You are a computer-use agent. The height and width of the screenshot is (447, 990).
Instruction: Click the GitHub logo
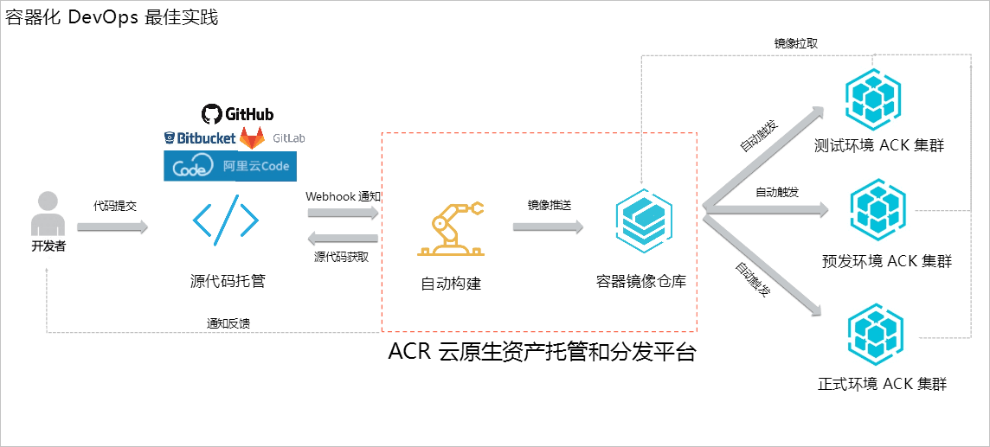tap(237, 114)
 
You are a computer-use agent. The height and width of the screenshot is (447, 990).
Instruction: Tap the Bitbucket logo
tap(200, 138)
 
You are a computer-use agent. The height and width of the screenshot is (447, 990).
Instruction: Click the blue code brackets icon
tap(226, 220)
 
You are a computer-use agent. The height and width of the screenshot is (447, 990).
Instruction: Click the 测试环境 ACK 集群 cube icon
tap(873, 96)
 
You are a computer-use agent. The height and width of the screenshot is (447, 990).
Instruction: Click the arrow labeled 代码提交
tap(112, 227)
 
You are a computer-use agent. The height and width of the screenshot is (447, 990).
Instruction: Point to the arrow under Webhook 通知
tap(343, 213)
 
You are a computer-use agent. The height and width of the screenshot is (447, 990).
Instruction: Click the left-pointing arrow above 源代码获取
tap(343, 238)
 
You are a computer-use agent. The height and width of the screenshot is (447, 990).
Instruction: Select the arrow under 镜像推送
tap(548, 227)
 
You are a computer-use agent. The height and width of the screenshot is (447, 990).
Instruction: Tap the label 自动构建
tap(450, 284)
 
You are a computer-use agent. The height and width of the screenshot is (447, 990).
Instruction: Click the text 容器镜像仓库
tap(641, 282)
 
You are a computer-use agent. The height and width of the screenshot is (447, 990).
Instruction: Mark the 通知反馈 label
tap(228, 323)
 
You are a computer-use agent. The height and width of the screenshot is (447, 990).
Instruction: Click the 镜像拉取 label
tap(795, 42)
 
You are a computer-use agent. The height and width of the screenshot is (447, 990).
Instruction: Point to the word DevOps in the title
tap(108, 17)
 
